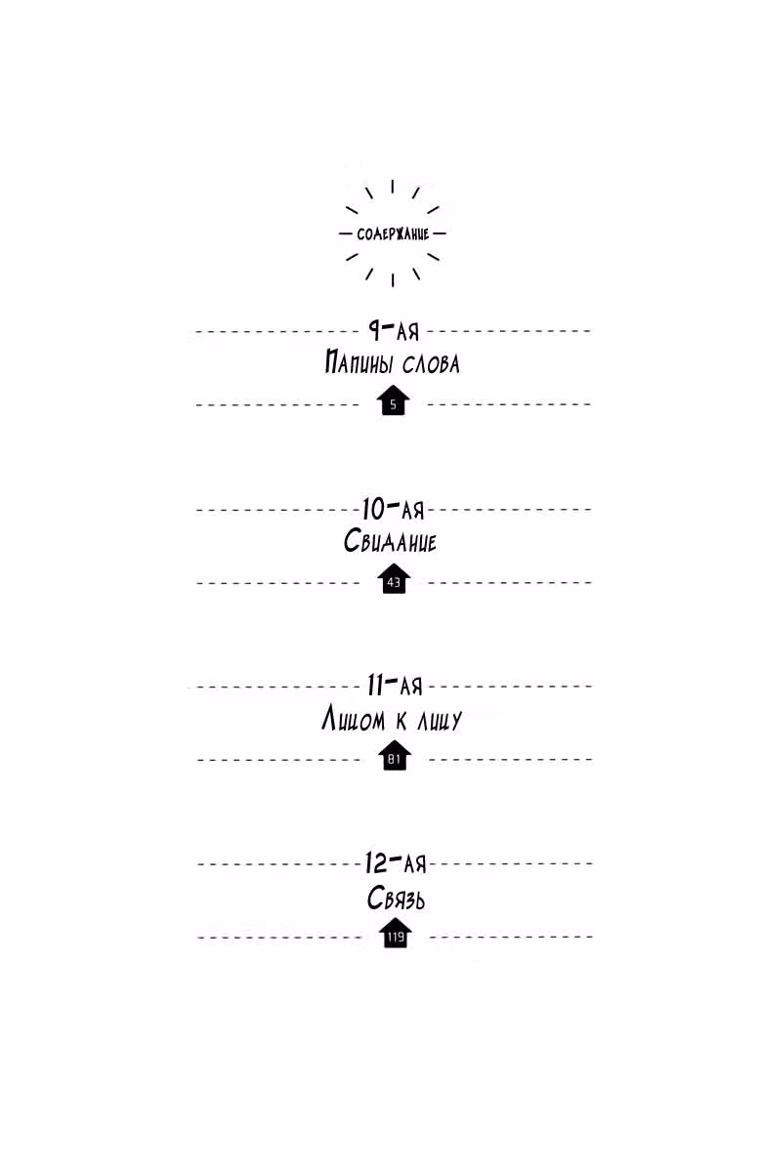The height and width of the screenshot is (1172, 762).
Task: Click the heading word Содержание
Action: (393, 233)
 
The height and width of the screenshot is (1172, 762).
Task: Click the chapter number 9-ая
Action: (394, 330)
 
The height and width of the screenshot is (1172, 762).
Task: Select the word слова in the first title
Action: (431, 363)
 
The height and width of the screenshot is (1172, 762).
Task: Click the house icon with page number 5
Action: (393, 400)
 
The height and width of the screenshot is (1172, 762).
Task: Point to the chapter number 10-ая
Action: (394, 508)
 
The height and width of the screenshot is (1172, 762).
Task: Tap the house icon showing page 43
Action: (394, 578)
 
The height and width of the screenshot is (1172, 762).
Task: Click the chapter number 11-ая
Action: (395, 686)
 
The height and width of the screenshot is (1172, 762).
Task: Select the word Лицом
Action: (354, 719)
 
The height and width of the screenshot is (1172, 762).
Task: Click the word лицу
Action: (440, 721)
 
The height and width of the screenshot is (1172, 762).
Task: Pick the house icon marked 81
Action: (395, 755)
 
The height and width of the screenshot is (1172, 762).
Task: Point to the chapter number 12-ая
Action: (397, 862)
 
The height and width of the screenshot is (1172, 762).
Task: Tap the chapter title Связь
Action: (396, 899)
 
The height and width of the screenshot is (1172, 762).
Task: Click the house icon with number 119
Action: (395, 933)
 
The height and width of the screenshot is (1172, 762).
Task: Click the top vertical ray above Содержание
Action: (393, 187)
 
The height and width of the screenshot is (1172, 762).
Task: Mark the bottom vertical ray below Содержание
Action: (393, 280)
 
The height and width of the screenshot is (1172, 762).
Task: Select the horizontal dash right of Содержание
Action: (440, 233)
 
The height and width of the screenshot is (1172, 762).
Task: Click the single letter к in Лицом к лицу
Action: (402, 721)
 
